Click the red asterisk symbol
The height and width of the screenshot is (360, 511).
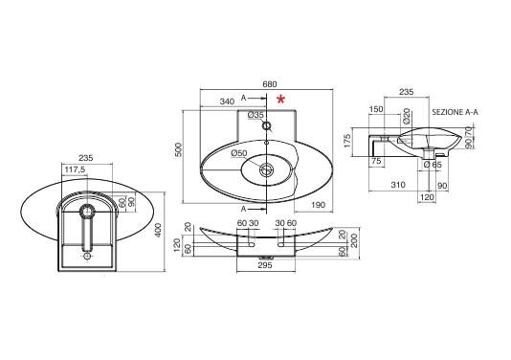pos(281,100)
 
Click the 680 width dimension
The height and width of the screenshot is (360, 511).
pos(270,84)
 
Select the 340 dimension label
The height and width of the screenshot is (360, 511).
pos(227,101)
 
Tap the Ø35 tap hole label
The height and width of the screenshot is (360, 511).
pos(255,115)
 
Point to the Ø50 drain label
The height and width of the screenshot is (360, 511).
pos(239,153)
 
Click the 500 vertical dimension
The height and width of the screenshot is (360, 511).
pos(179,149)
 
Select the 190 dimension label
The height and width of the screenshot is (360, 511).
pos(319,205)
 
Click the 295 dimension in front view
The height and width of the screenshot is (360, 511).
pos(265,265)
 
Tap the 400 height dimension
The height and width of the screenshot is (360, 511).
pos(158,230)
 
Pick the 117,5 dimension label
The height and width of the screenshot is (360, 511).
pos(76,169)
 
